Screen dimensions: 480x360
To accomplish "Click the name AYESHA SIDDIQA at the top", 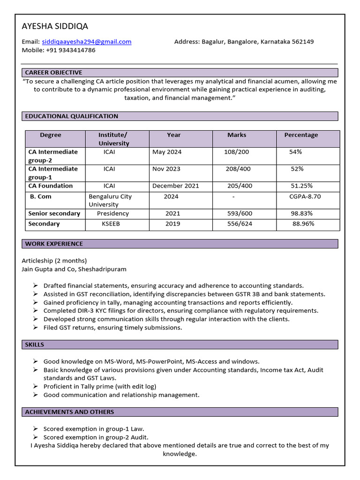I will (x=55, y=26).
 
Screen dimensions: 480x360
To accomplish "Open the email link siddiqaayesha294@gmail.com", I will (x=87, y=42).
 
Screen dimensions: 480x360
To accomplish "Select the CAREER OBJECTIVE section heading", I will (x=53, y=73).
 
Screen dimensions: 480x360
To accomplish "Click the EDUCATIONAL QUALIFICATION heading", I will (x=72, y=116).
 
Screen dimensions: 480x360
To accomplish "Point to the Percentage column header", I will (x=301, y=135).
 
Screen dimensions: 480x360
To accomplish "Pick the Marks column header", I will (x=237, y=135).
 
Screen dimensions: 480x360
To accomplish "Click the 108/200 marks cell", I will (x=237, y=152).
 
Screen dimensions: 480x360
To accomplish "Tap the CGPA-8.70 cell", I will (x=305, y=196).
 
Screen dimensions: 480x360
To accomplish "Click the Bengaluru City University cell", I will (x=110, y=201).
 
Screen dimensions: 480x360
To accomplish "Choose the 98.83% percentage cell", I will (x=301, y=213).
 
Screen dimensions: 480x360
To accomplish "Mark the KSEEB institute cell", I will (x=111, y=224).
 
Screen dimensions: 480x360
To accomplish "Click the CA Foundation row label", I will (x=51, y=186).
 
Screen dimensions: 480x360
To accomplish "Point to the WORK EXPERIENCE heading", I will (x=54, y=244).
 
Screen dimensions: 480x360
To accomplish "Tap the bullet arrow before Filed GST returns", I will (x=36, y=328).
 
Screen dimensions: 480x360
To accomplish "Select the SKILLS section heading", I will (x=35, y=345).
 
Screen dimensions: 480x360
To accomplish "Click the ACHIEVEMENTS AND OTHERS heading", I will (x=69, y=412).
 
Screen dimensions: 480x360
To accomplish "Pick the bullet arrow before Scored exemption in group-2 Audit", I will (x=36, y=437).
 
